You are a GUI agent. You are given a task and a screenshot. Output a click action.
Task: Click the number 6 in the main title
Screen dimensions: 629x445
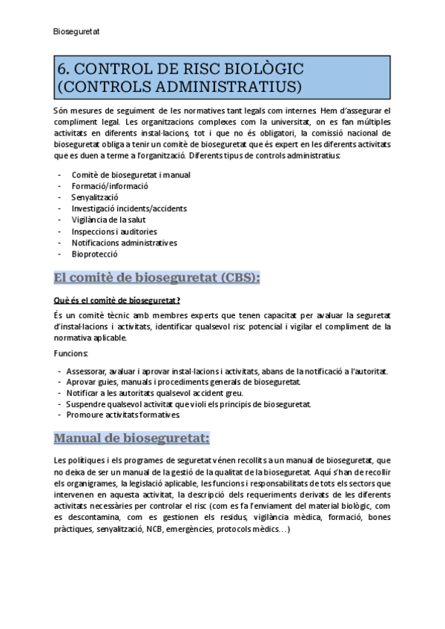click(62, 70)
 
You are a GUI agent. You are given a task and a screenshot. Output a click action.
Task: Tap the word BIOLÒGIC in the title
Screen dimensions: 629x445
click(263, 70)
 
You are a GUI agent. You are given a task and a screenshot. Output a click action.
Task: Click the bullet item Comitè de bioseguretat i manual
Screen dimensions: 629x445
click(131, 175)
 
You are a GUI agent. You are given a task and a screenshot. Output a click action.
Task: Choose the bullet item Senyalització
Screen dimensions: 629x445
click(95, 197)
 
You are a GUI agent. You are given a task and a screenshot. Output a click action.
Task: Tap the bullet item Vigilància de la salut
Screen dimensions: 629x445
click(108, 220)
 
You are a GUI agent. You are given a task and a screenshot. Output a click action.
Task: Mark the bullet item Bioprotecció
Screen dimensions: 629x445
click(94, 254)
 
